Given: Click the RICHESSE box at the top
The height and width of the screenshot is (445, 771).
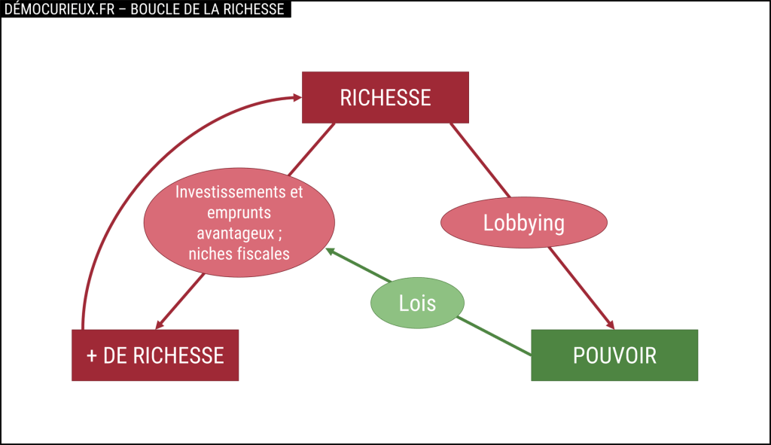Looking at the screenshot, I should point(385,97).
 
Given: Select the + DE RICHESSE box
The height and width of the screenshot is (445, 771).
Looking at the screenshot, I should point(155,355).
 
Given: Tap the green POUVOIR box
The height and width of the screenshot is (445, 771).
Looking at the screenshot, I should point(614,355).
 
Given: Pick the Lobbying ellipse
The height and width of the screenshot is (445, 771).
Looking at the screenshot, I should point(523,223).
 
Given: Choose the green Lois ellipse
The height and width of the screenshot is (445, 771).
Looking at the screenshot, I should point(417,303).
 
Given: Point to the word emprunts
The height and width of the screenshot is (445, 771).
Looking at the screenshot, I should point(239,212).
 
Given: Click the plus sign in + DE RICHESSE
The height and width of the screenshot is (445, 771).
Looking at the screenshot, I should point(92,355).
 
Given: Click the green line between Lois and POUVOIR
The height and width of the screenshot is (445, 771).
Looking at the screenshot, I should point(497,336).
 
